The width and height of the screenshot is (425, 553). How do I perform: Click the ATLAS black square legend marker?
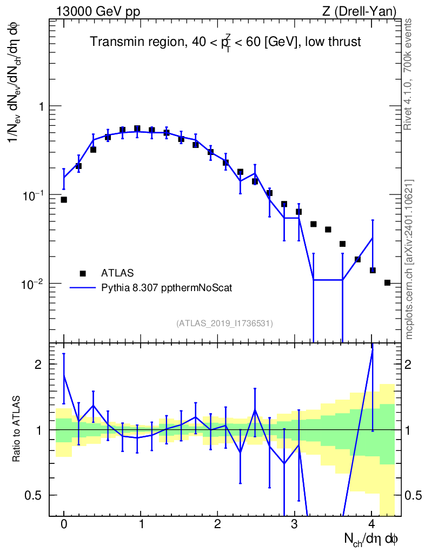83,273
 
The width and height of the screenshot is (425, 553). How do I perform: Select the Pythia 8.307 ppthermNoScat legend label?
167,288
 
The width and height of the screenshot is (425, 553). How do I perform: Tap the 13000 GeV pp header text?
98,11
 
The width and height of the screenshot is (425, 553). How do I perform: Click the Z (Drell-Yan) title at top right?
359,11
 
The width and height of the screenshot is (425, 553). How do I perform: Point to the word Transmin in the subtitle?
115,42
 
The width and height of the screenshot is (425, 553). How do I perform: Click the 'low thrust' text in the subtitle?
333,42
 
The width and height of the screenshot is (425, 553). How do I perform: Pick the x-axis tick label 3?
294,524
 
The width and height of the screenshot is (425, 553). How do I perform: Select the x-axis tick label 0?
64,524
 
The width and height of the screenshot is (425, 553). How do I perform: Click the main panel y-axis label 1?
40,106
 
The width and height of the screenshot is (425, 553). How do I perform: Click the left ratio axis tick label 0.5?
33,495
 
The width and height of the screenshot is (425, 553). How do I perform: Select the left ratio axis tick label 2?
38,365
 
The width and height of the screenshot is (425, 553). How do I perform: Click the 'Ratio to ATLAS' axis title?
16,429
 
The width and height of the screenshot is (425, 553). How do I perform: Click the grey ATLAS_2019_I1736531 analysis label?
224,323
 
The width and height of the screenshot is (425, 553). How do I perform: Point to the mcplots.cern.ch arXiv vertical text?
409,260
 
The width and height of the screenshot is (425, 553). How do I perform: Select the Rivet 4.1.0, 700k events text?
408,74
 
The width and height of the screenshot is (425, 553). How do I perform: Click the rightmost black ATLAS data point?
387,282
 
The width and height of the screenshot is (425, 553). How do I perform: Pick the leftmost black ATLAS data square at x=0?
64,200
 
